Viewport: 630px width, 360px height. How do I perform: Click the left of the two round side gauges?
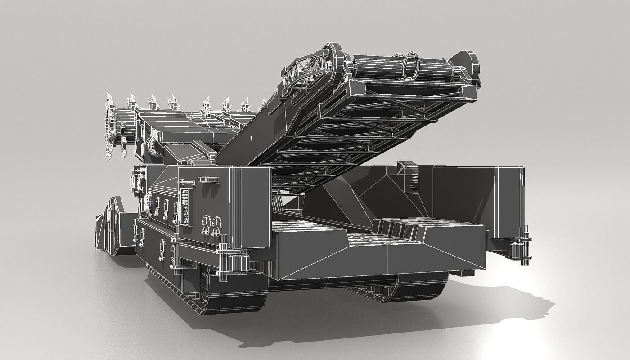pos(206,224)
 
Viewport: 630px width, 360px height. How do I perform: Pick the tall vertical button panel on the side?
pos(184,206)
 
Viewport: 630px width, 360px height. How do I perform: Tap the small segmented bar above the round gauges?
pos(209,180)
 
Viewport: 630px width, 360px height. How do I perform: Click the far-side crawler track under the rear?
pos(405,288)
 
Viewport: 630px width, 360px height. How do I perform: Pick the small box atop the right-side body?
pos(405,168)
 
